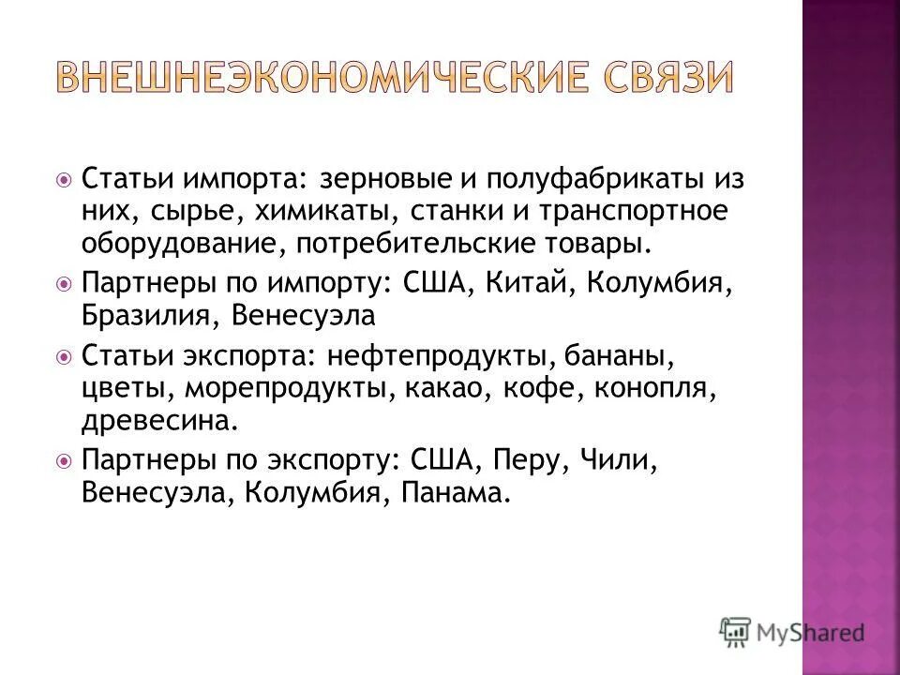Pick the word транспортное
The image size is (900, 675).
point(632,211)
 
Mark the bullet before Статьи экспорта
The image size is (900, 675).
point(64,357)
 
